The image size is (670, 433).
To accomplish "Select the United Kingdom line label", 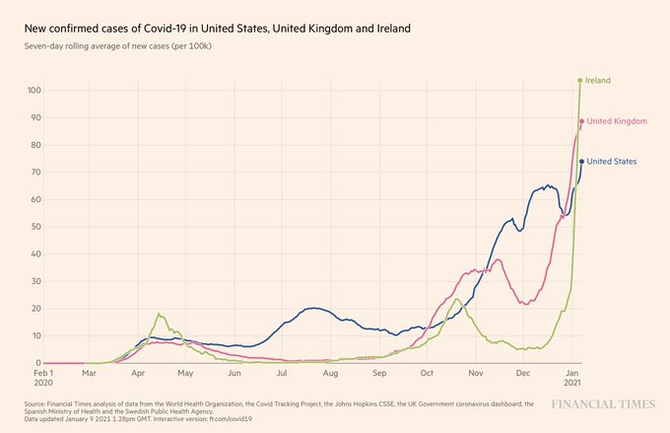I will (617, 121).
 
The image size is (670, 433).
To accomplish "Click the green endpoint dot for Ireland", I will (580, 80).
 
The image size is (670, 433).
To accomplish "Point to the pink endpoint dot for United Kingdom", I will (581, 121).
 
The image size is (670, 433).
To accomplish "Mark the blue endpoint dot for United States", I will (581, 162).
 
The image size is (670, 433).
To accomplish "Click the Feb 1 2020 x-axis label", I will (44, 379).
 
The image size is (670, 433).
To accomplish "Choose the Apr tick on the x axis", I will (138, 375).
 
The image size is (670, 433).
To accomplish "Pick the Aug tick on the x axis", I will (330, 375).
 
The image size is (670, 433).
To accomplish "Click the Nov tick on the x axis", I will (475, 375).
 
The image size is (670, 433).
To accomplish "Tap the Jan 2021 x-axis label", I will (572, 379).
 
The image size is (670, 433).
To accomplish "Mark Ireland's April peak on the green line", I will (159, 314).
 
